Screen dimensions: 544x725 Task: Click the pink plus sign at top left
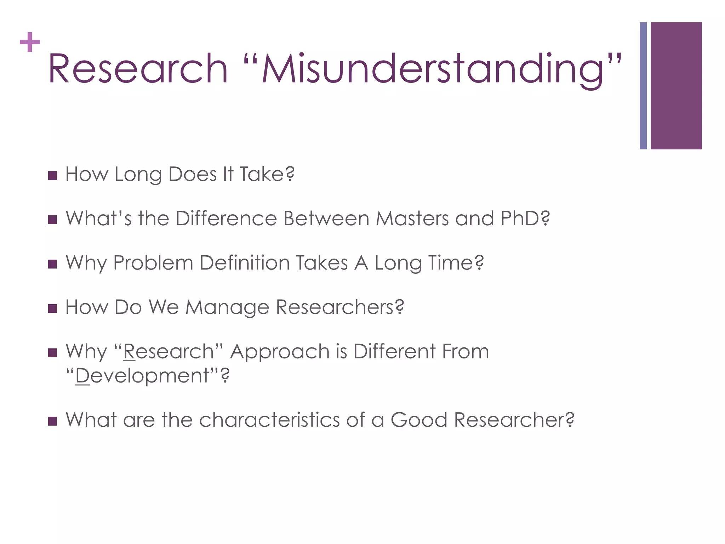tap(30, 42)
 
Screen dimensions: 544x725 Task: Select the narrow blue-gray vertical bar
tap(643, 86)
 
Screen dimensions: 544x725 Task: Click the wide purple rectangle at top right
tap(676, 86)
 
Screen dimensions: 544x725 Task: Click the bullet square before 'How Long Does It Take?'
tap(52, 176)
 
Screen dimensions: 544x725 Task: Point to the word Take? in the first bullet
tap(267, 174)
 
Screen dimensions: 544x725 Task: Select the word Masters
tap(412, 219)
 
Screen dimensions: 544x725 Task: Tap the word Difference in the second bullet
tap(226, 219)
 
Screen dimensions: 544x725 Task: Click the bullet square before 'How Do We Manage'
tap(52, 308)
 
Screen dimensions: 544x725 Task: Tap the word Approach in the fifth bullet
tap(280, 352)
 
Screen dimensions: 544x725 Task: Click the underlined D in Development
tap(83, 376)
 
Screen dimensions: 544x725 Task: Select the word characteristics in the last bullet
tap(269, 420)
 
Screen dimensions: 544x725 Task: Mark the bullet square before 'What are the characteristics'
tap(52, 421)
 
